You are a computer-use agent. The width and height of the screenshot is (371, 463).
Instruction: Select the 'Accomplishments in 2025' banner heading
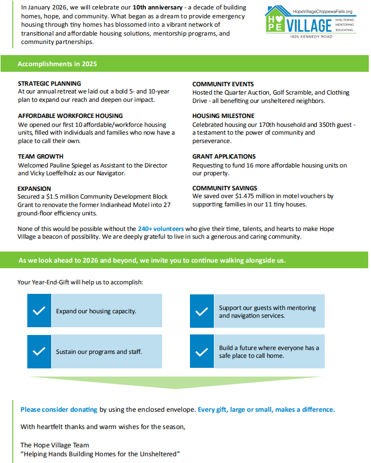click(57, 64)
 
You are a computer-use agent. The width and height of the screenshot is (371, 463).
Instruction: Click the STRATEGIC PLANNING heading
click(50, 84)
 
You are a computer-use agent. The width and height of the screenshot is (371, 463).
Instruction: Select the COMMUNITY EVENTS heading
click(223, 84)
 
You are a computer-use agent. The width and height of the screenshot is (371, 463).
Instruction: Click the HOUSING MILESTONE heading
click(224, 116)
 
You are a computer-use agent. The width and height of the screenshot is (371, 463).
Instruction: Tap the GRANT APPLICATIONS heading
click(224, 157)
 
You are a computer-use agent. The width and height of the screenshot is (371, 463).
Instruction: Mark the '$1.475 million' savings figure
click(248, 196)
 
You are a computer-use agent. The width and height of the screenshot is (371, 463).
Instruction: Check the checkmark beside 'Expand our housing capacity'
click(39, 311)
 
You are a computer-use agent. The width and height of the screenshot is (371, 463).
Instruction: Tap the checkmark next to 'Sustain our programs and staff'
click(39, 351)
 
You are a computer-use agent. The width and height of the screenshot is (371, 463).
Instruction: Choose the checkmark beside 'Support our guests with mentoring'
click(202, 311)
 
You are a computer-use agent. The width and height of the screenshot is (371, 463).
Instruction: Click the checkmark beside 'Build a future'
click(202, 351)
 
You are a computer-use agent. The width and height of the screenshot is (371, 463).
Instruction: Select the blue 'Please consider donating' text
click(58, 410)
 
